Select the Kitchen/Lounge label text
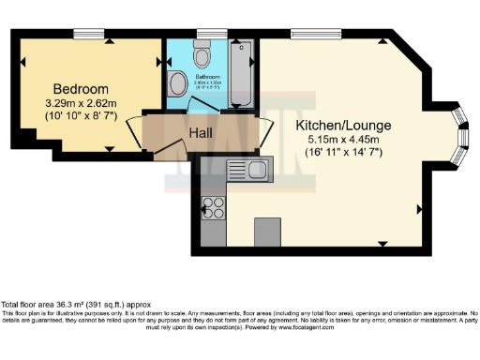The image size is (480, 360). pos(343,125)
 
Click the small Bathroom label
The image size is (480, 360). pos(207,77)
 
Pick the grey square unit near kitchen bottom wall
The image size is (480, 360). pos(268,231)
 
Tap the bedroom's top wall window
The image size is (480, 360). pos(89,35)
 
